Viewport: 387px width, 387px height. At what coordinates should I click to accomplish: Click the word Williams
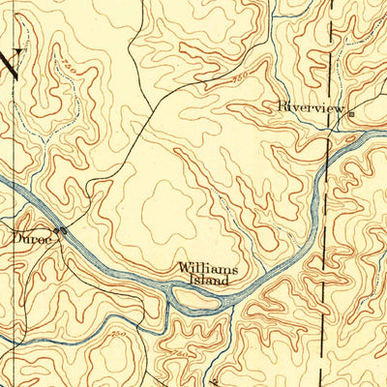click(x=206, y=269)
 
